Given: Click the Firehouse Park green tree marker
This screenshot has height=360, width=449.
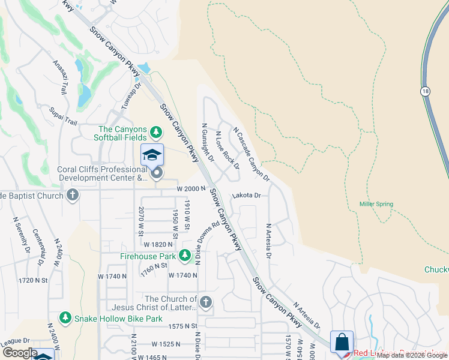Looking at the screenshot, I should tap(185, 256).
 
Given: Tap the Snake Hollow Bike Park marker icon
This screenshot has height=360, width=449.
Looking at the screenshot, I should tap(64, 317).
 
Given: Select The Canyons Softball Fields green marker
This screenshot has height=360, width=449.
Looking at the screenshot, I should tap(156, 131).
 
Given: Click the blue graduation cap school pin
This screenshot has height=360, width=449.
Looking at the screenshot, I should tap(152, 155).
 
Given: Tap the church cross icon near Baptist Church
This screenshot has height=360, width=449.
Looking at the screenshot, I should tap(73, 195).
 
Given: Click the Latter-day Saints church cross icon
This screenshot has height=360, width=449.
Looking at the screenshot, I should tap(206, 302).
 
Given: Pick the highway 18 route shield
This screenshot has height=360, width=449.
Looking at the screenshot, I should tap(426, 91).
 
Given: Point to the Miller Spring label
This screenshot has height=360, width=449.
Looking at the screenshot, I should tap(376, 204).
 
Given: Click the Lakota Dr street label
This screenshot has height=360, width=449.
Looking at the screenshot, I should tap(246, 196).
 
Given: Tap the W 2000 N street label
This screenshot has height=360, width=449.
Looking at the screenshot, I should tap(191, 188).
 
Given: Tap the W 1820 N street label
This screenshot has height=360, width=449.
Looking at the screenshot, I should tap(157, 244).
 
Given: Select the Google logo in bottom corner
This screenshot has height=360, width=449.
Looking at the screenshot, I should tap(20, 353).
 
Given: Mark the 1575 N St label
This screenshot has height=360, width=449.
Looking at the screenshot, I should tap(182, 326).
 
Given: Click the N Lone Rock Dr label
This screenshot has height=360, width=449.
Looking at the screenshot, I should tap(228, 150).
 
